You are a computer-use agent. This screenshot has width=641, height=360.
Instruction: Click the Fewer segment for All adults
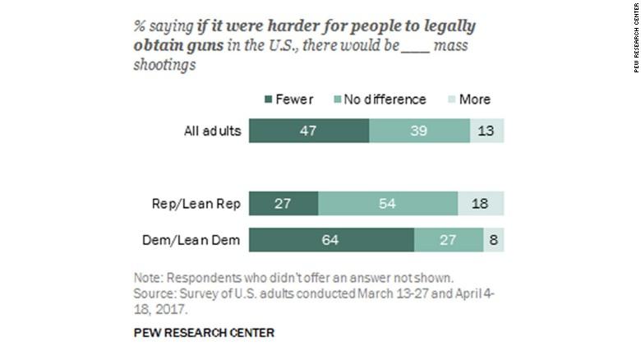coord(309,132)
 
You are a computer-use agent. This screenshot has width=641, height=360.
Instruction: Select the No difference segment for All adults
coord(419,132)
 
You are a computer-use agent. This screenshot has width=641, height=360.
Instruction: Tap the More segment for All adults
coord(487,132)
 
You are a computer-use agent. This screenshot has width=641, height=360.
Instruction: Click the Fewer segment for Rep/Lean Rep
coord(284,204)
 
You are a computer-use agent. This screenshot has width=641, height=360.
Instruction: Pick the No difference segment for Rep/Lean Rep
coord(388,204)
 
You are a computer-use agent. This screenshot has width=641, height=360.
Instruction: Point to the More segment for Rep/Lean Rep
coord(481,204)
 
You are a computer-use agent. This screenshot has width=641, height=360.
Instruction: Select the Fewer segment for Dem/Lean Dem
coord(331,239)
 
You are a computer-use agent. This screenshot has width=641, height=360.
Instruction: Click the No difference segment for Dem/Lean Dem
coord(449,239)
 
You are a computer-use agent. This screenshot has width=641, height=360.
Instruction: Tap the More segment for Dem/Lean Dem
coord(494,239)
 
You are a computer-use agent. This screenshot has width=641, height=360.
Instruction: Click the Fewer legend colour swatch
coord(270,99)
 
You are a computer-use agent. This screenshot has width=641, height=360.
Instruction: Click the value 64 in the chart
coord(331,239)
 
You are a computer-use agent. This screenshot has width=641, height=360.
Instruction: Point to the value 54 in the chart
coord(388,204)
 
